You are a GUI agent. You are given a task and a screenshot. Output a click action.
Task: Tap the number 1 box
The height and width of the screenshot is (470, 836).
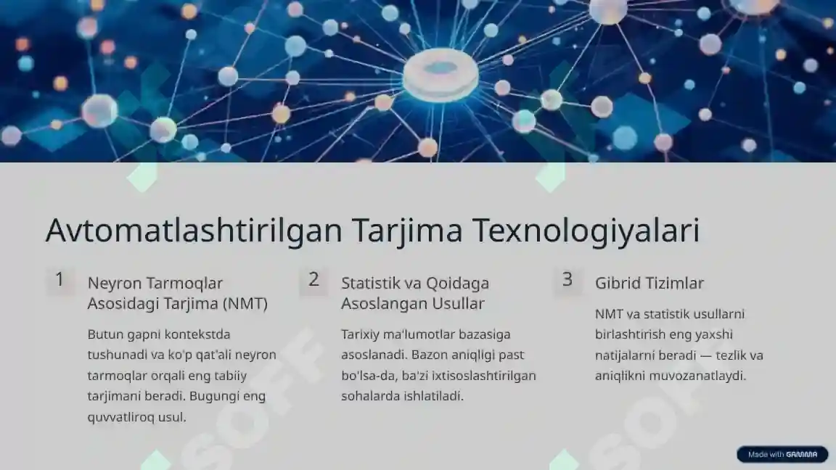click(x=60, y=280)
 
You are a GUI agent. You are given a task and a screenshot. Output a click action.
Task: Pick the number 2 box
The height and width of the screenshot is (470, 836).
click(x=313, y=280)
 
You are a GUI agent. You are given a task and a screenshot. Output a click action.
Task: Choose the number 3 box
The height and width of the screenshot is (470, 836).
click(x=567, y=280)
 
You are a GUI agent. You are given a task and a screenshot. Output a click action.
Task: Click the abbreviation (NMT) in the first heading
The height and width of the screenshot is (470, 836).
click(x=246, y=304)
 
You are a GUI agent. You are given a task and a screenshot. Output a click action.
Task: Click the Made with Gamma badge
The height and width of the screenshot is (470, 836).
click(x=782, y=455)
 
